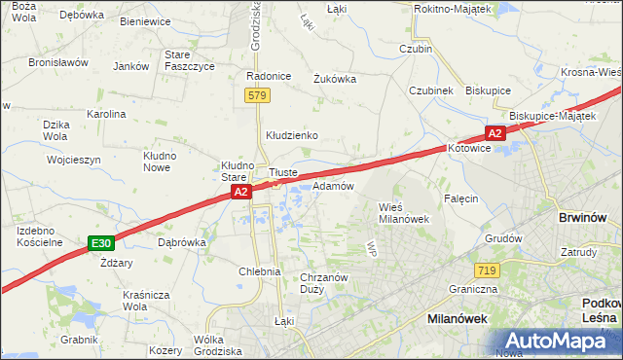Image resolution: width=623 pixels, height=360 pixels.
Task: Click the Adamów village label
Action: pyautogui.click(x=332, y=185)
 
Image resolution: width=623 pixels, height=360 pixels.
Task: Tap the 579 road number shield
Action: pyautogui.click(x=257, y=95)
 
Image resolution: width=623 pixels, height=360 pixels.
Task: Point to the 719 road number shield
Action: pyautogui.click(x=488, y=269)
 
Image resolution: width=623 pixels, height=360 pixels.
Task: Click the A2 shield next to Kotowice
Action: pyautogui.click(x=494, y=133)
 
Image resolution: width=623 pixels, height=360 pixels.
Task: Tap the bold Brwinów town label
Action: pyautogui.click(x=582, y=219)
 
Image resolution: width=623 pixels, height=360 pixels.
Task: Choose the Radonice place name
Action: pyautogui.click(x=269, y=76)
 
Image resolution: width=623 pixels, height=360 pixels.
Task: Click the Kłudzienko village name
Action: pyautogui.click(x=292, y=135)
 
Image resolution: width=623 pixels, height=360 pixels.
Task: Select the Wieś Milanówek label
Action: pyautogui.click(x=403, y=212)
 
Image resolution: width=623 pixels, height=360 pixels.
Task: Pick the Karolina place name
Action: pyautogui.click(x=106, y=114)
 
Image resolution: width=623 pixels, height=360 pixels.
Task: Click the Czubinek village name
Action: pyautogui.click(x=431, y=90)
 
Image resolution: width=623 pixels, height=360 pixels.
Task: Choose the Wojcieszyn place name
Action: pyautogui.click(x=73, y=159)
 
